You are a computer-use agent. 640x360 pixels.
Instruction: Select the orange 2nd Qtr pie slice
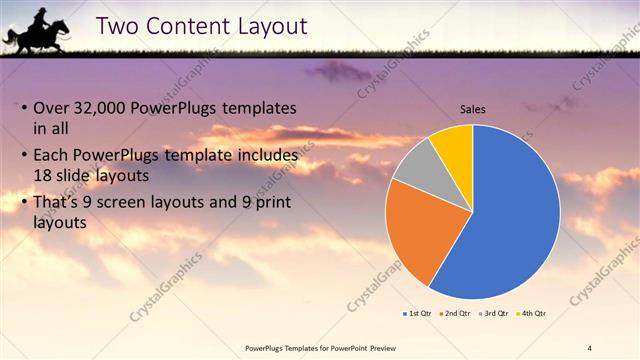tap(420, 225)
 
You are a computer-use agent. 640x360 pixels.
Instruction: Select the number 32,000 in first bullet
tap(106, 108)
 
